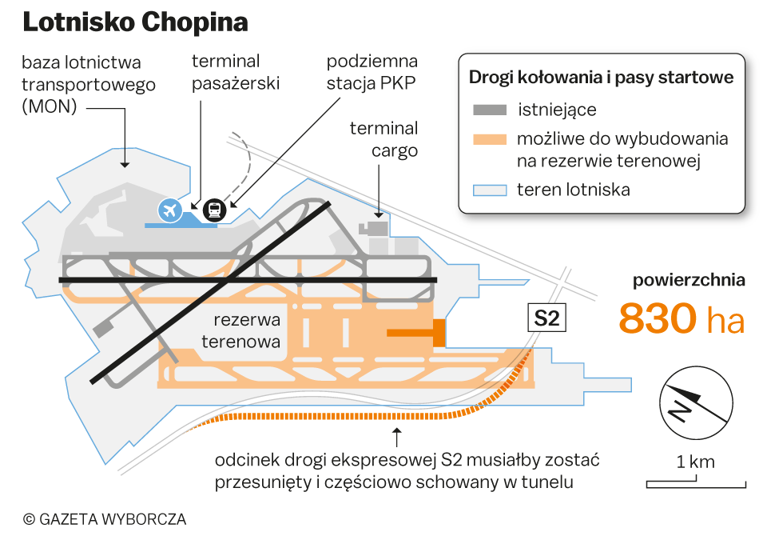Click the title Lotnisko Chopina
[x=134, y=22]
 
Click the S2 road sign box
[x=546, y=318]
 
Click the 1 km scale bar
[x=695, y=482]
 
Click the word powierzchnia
[x=689, y=280]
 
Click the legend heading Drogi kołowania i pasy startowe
[x=601, y=78]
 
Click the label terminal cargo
[x=383, y=139]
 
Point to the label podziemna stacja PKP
[x=372, y=72]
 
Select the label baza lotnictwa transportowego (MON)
[x=81, y=84]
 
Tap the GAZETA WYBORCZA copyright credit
[x=105, y=519]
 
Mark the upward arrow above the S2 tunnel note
[x=396, y=437]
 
